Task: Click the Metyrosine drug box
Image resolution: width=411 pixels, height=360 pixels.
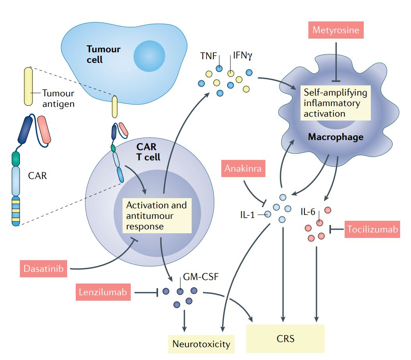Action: pos(336,30)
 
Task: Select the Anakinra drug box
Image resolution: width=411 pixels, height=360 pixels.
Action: pos(242,169)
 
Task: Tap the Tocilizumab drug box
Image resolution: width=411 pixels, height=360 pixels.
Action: pos(372,229)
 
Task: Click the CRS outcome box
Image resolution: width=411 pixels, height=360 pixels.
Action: pos(285,338)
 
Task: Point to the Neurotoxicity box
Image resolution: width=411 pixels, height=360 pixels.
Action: pos(201,344)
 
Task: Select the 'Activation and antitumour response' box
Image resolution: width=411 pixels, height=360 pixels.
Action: pos(157,216)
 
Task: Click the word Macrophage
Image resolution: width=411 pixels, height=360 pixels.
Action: pos(335,137)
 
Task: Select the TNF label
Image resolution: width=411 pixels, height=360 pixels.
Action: pos(209,56)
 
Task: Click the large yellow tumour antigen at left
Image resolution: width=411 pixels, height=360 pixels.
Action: pos(28,86)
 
